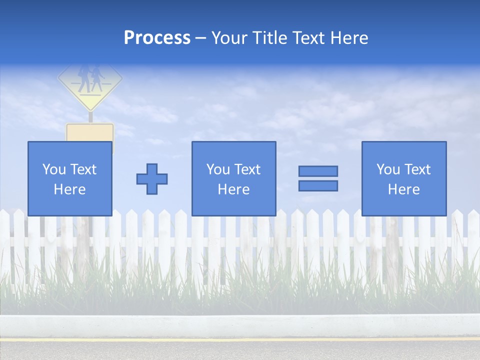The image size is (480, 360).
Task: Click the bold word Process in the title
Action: (157, 38)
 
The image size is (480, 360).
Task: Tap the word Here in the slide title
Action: (349, 38)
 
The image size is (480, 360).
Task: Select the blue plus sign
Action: (152, 179)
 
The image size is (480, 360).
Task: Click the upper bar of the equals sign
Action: (318, 171)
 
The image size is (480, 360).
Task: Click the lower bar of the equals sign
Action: (318, 185)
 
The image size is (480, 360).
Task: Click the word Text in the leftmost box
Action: (83, 169)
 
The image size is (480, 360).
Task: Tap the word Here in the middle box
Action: (233, 189)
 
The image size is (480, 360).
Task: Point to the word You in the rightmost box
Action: (388, 169)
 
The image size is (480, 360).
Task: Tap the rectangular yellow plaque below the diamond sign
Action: (90, 132)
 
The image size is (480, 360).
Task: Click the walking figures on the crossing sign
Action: (90, 79)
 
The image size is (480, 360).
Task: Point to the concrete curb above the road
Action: (240, 325)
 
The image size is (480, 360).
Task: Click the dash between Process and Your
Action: (200, 38)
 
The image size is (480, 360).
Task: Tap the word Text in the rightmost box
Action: (417, 169)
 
